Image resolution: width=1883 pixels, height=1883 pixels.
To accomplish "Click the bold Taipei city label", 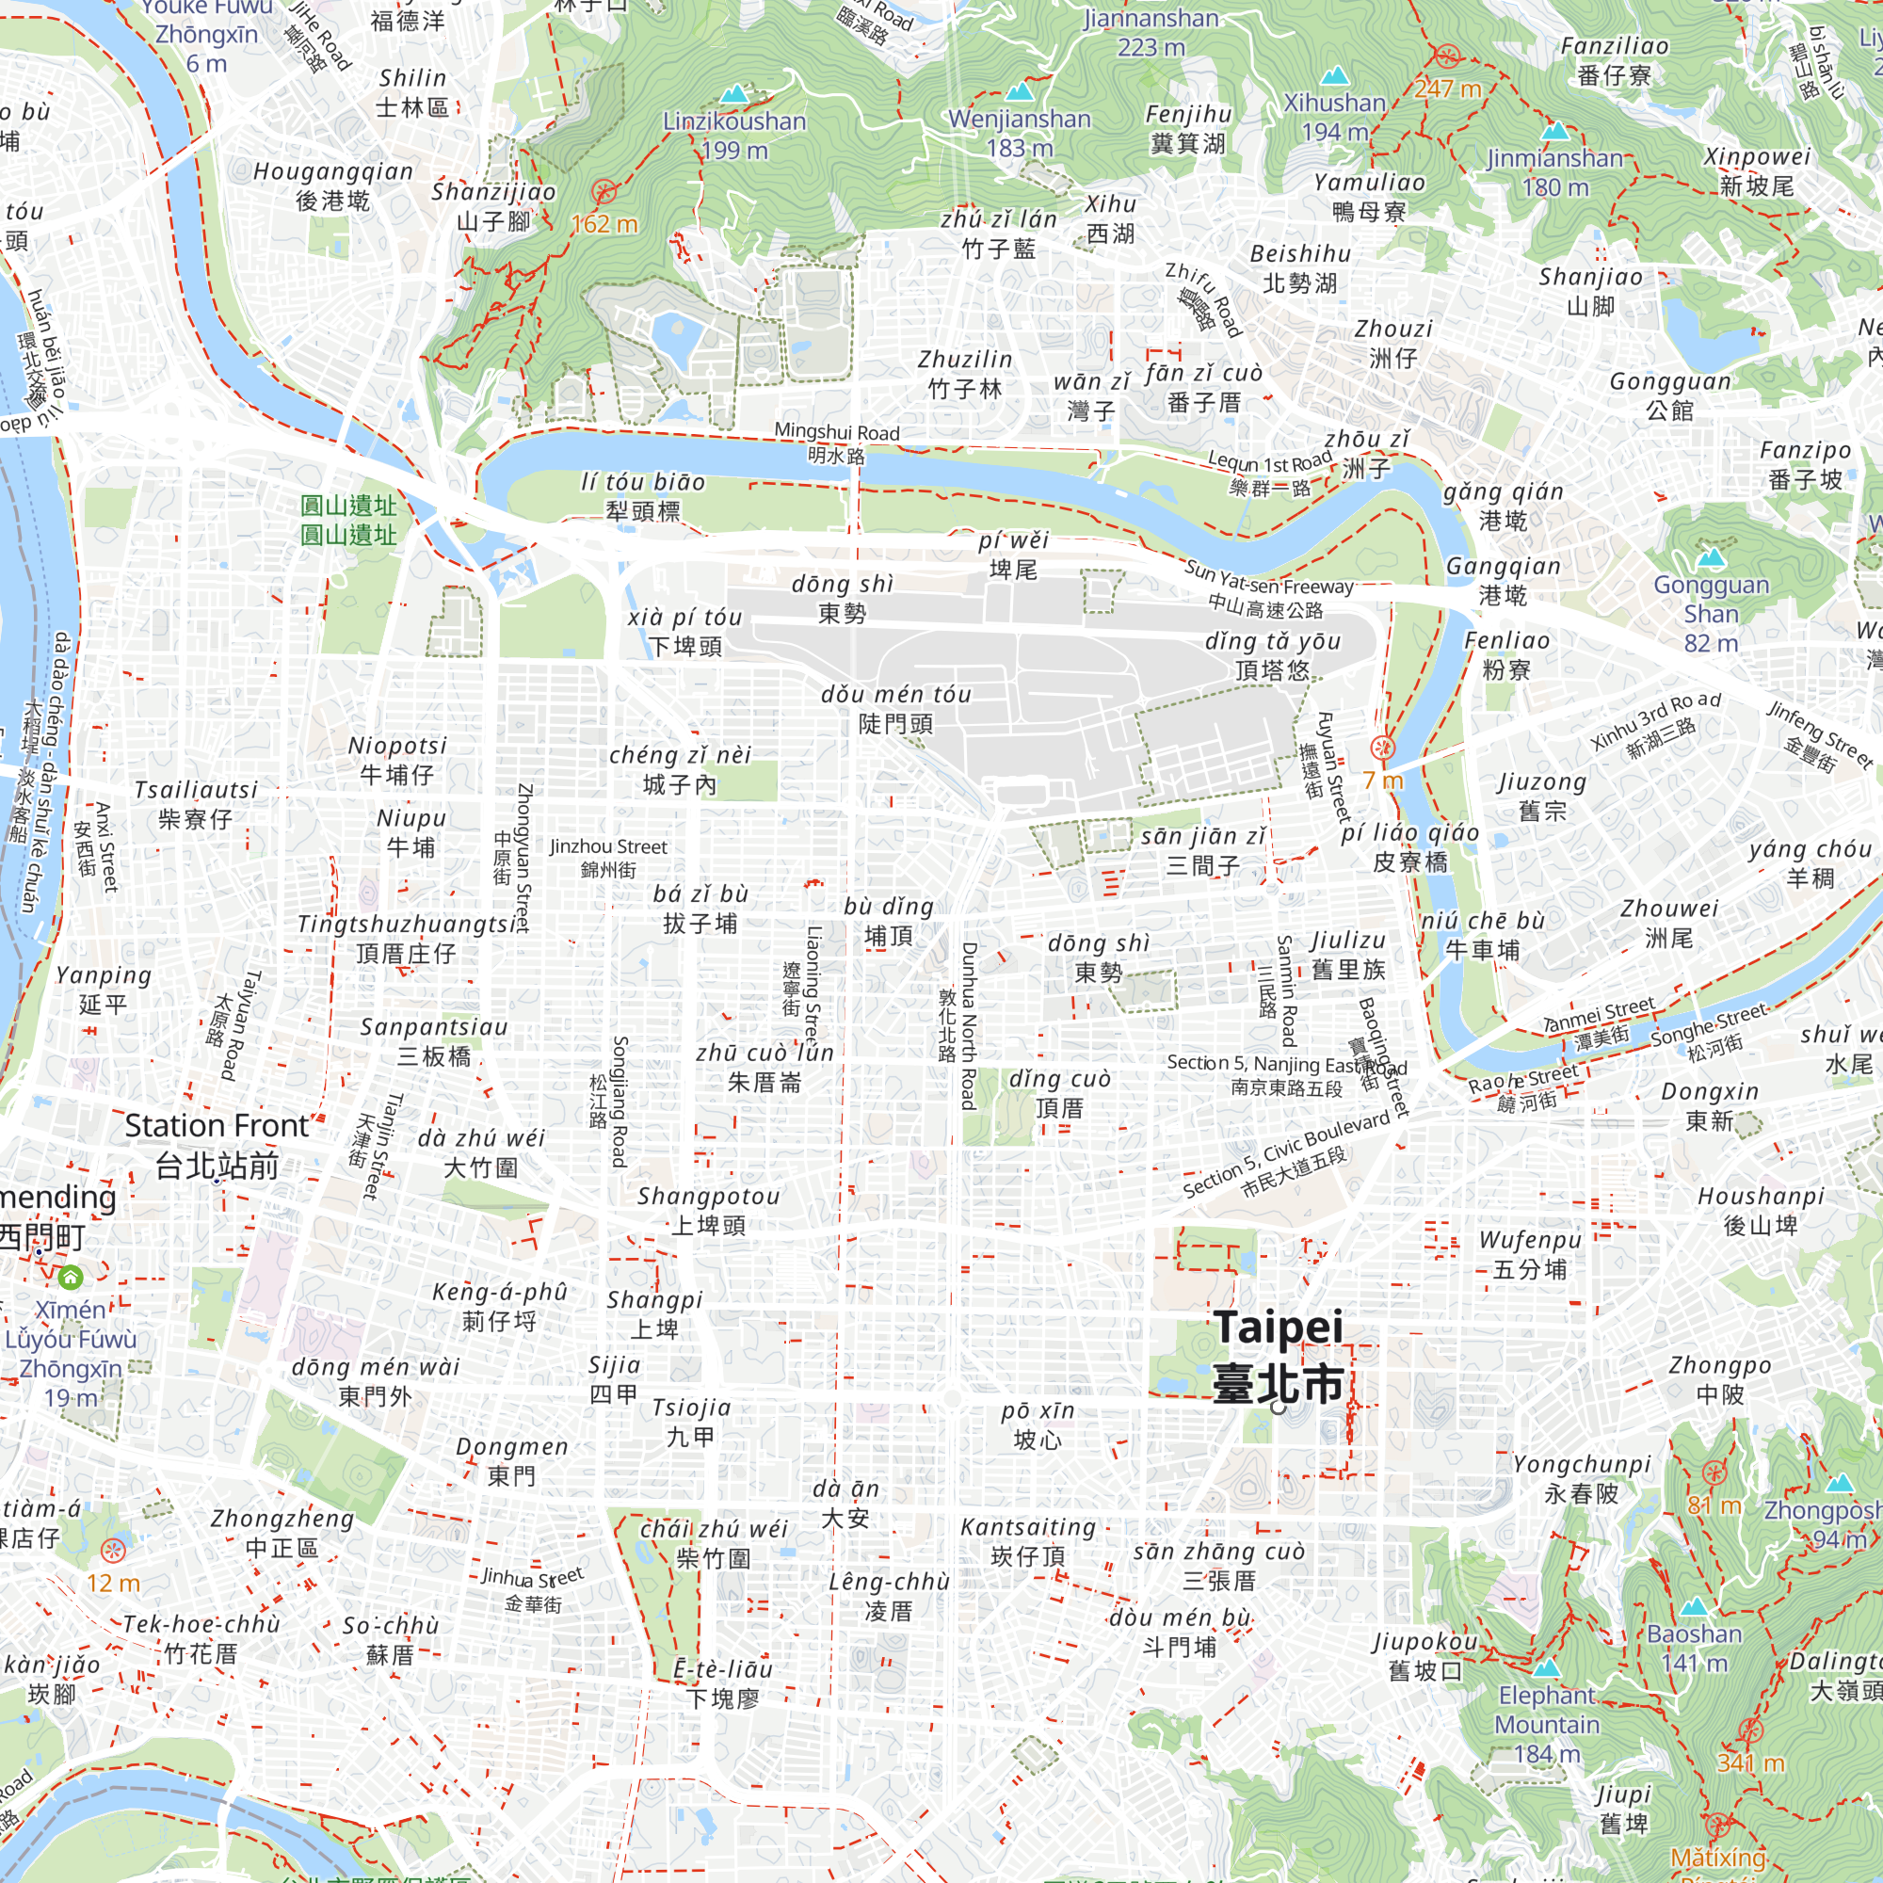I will [1278, 1356].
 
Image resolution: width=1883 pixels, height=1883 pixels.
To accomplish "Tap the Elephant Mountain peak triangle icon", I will [1546, 1667].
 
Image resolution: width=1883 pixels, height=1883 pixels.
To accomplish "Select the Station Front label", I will [217, 1145].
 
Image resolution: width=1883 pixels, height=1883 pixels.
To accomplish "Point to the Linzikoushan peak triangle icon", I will [735, 93].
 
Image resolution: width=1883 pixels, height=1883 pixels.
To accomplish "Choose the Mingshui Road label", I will [836, 443].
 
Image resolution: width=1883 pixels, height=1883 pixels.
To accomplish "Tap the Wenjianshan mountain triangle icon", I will [1019, 91].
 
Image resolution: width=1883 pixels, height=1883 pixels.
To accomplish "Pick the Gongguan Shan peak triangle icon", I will [1712, 557].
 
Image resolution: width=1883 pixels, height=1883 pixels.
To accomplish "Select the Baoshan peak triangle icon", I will [1694, 1606].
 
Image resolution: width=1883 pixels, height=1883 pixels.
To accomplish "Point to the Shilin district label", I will [412, 92].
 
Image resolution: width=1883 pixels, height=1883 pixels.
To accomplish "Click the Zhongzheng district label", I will [282, 1533].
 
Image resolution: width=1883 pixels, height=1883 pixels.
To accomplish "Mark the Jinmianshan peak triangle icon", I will [1555, 130].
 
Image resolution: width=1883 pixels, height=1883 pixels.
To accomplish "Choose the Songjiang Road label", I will [618, 1102].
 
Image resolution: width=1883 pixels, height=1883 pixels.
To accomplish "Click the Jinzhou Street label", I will [608, 858].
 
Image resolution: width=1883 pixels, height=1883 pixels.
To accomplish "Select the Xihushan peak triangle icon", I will [1333, 75].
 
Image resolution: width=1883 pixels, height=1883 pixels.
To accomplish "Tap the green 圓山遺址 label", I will [348, 520].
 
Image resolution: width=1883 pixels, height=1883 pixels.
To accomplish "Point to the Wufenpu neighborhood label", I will [1530, 1254].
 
